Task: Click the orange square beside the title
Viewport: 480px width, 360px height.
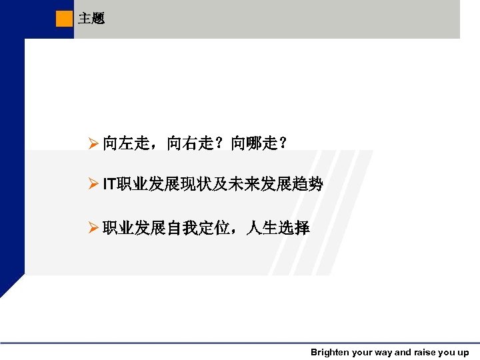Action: tap(64, 19)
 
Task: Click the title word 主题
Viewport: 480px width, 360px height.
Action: tap(91, 19)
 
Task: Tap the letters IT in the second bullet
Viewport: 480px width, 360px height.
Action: tap(109, 185)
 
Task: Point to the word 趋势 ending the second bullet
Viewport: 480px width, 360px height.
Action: tap(307, 185)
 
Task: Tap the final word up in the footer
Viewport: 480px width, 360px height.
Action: tap(463, 352)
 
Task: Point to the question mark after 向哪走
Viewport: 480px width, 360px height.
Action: tap(283, 143)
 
